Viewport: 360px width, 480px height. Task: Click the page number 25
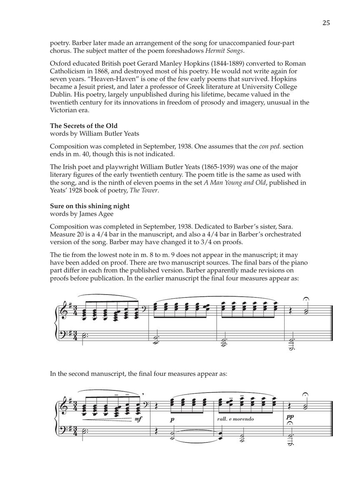pyautogui.click(x=326, y=23)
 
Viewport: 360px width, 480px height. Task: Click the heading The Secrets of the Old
pyautogui.click(x=83, y=126)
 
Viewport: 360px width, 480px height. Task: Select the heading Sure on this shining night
pyautogui.click(x=90, y=206)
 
